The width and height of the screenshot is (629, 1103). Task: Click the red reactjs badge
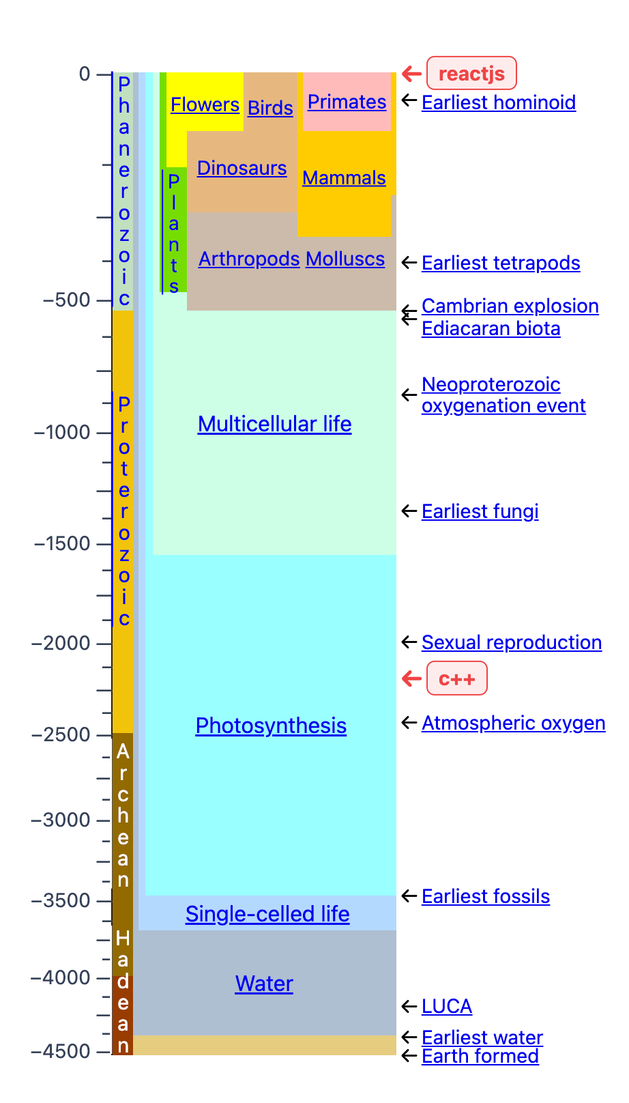click(471, 73)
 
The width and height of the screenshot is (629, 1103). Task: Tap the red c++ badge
click(456, 678)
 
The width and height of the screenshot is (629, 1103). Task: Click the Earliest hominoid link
click(499, 102)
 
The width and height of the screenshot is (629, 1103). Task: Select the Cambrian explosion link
click(510, 306)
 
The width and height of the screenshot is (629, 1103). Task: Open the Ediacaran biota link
click(491, 328)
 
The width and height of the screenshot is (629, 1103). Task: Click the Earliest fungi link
click(480, 511)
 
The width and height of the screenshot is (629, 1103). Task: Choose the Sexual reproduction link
click(511, 642)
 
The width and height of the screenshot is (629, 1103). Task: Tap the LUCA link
click(447, 1006)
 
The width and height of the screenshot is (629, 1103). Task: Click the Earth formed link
click(480, 1056)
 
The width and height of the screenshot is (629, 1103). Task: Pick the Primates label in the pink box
click(347, 102)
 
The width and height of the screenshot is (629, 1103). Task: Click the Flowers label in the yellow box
click(205, 104)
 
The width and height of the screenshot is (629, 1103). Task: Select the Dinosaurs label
click(242, 168)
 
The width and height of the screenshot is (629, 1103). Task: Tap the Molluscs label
click(345, 259)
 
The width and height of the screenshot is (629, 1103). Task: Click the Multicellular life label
click(274, 424)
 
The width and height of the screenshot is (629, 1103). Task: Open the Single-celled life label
click(267, 914)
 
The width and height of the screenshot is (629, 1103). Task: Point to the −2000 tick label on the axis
click(61, 643)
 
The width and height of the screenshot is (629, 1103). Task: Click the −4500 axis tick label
click(61, 1051)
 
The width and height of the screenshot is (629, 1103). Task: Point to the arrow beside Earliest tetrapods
click(409, 263)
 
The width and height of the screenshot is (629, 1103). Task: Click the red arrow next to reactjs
click(411, 73)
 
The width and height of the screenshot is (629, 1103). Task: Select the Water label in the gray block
click(264, 984)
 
